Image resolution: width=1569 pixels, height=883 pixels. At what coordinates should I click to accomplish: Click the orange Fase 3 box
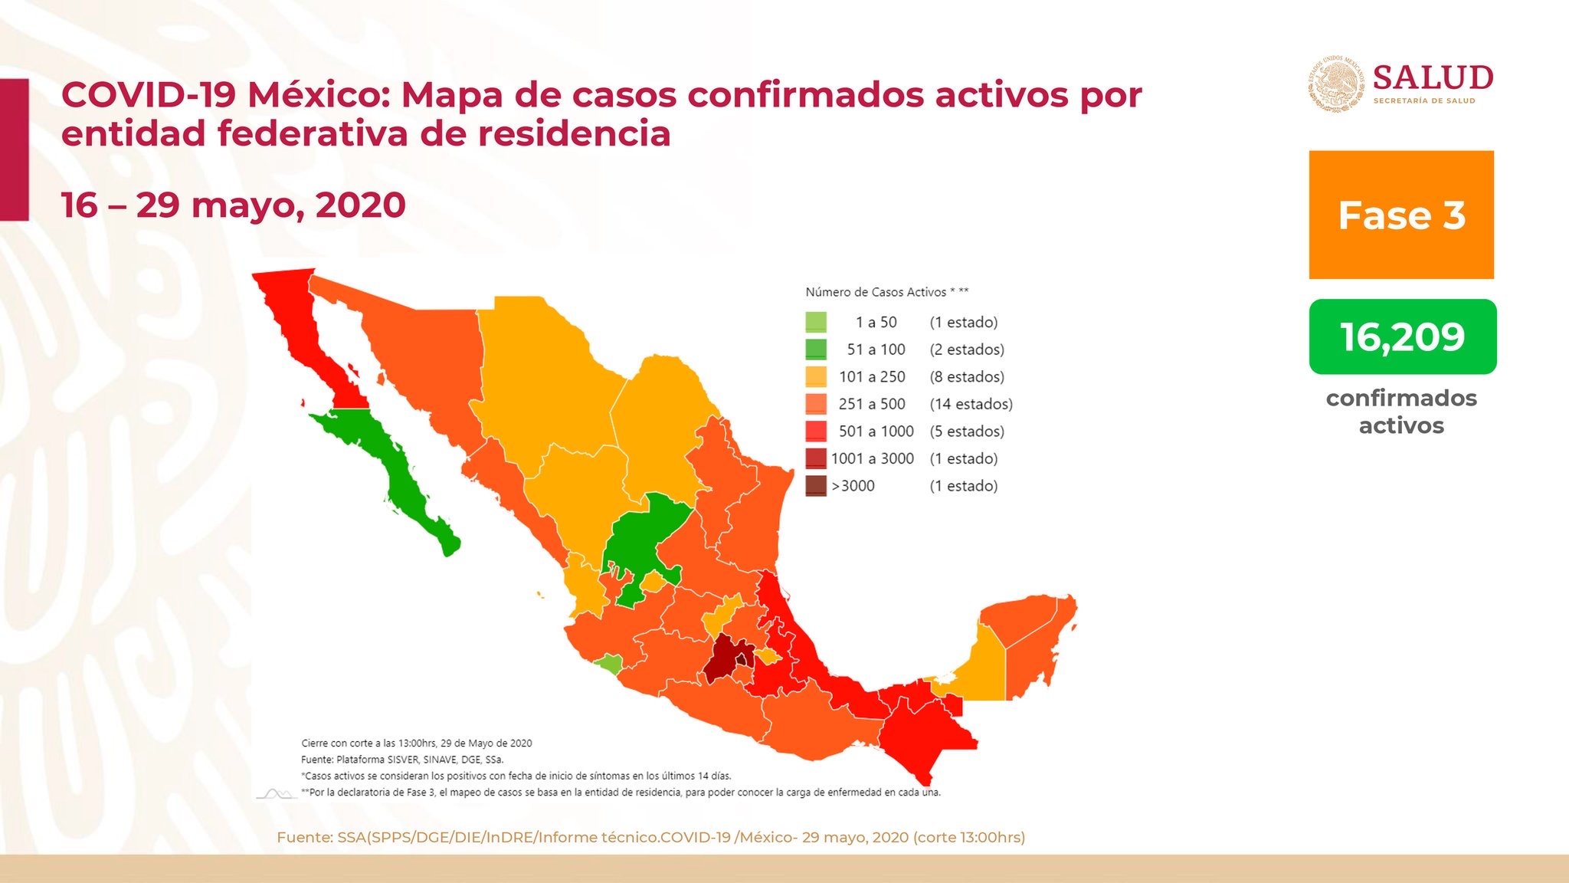click(1400, 215)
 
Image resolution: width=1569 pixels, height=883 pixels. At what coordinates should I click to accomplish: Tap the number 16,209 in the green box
click(1402, 337)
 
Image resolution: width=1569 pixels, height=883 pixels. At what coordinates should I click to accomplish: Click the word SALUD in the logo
click(1433, 78)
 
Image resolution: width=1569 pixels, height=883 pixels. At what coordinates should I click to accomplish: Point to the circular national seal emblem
click(1335, 84)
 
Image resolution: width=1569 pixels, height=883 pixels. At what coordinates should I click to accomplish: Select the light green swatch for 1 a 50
click(816, 322)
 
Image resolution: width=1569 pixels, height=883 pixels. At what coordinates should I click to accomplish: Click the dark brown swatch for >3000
click(816, 486)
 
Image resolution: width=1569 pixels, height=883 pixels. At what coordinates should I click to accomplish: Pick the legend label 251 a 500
click(872, 404)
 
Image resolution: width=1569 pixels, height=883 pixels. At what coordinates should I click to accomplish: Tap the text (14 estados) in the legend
click(971, 404)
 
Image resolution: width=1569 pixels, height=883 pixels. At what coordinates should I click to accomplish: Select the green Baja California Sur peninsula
click(398, 468)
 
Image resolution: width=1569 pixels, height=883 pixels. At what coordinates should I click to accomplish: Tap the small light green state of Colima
click(609, 663)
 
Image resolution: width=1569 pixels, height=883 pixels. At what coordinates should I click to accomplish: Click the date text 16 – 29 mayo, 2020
click(233, 205)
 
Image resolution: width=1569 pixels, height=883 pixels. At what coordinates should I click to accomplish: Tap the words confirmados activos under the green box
click(1401, 412)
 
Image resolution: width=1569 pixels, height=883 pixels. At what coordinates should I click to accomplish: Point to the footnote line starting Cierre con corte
click(416, 743)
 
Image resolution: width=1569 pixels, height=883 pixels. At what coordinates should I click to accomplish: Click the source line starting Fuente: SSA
click(650, 837)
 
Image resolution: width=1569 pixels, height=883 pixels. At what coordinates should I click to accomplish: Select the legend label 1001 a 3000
click(872, 458)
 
